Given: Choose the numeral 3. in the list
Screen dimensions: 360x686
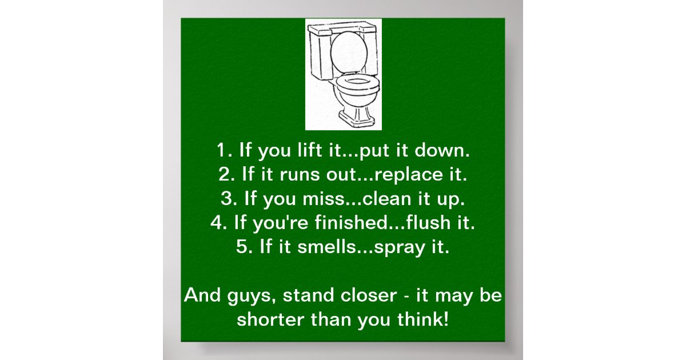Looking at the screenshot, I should [x=228, y=199].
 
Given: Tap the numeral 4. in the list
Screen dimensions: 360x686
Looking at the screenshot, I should [x=218, y=223].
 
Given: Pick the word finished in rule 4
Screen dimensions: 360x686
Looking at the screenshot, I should [x=349, y=223].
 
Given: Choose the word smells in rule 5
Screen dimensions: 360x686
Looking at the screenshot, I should [x=326, y=247].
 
